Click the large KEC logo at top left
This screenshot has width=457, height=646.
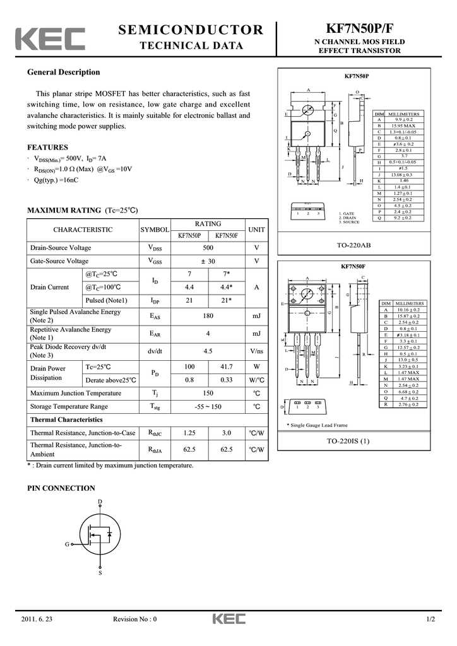pyautogui.click(x=50, y=39)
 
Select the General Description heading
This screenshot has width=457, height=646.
pyautogui.click(x=63, y=72)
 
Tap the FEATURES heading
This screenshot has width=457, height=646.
pyautogui.click(x=47, y=148)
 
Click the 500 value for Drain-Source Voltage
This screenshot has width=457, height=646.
pyautogui.click(x=208, y=248)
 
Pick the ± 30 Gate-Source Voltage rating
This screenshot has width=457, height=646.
pyautogui.click(x=208, y=261)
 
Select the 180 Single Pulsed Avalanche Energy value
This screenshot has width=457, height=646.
pyautogui.click(x=208, y=315)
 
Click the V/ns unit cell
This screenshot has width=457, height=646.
pyautogui.click(x=256, y=351)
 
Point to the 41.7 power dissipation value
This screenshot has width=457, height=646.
pyautogui.click(x=226, y=367)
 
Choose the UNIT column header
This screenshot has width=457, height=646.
pyautogui.click(x=256, y=230)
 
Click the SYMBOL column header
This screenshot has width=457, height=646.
pyautogui.click(x=155, y=230)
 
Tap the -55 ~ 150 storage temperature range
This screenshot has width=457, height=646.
pyautogui.click(x=208, y=407)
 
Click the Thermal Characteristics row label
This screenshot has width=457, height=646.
pyautogui.click(x=66, y=420)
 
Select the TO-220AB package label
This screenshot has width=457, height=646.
pyautogui.click(x=354, y=244)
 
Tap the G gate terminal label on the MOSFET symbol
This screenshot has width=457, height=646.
pyautogui.click(x=67, y=544)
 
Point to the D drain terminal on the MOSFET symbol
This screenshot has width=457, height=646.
pyautogui.click(x=100, y=502)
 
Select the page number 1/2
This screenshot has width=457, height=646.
pyautogui.click(x=430, y=619)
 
